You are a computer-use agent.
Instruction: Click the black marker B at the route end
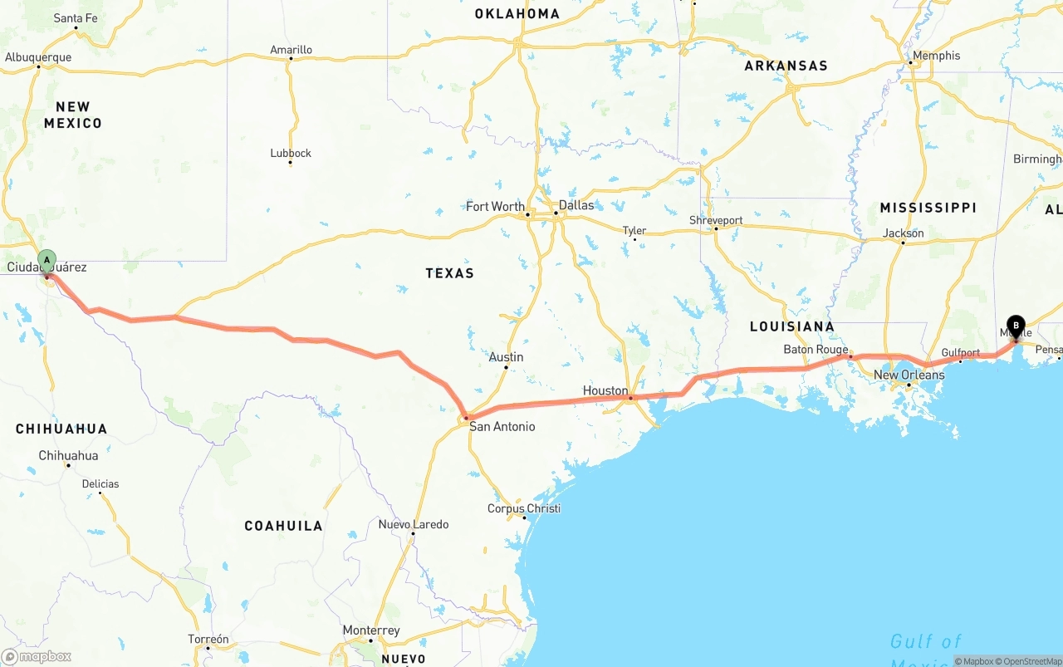point(1015,326)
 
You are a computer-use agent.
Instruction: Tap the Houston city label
point(605,390)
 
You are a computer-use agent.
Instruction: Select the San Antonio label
point(502,427)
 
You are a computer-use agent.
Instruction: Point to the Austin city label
point(506,357)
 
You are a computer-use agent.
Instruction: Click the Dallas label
point(576,205)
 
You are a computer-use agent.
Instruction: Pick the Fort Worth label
point(495,207)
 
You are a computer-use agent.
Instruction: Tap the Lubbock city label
point(291,153)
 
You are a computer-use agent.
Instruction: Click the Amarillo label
point(291,50)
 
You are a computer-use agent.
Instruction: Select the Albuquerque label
point(38,57)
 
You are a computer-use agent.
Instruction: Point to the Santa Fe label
point(76,18)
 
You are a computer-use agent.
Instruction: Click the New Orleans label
point(909,375)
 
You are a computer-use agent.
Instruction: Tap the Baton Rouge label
point(816,350)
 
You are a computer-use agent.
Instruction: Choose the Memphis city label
point(936,56)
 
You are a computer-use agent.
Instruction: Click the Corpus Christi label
point(524,508)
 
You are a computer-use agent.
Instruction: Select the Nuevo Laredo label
point(413,524)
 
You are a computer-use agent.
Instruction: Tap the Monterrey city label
point(371,630)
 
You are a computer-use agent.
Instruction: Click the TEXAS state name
point(449,273)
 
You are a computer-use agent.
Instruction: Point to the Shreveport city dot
point(715,229)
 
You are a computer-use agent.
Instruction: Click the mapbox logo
point(37,656)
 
